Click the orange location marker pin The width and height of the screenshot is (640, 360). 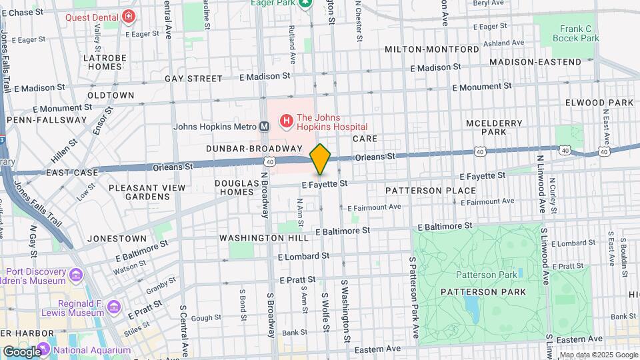click(321, 159)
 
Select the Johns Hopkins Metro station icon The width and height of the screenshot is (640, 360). click(265, 126)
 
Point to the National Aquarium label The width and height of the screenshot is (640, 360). click(92, 350)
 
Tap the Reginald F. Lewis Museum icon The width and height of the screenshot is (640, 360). click(114, 307)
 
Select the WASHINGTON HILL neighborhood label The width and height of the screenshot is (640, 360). click(264, 238)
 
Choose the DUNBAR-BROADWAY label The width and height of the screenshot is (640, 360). click(254, 148)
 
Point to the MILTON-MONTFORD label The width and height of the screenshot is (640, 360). click(431, 50)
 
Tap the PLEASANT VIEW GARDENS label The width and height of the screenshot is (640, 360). click(147, 192)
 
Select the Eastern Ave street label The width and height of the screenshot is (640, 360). click(377, 348)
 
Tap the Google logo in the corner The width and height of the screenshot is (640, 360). click(21, 351)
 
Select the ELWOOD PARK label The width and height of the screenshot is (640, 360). click(599, 103)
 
